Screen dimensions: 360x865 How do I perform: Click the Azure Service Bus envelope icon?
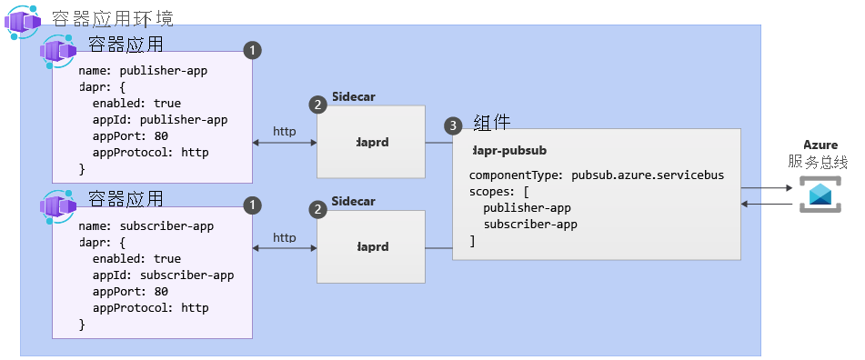point(821,195)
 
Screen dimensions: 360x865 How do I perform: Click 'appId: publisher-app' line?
point(159,119)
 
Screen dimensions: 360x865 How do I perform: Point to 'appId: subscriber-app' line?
point(163,275)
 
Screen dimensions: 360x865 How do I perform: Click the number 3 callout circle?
point(452,124)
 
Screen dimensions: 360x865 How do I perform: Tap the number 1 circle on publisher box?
point(254,49)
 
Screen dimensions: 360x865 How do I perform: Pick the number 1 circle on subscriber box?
point(254,206)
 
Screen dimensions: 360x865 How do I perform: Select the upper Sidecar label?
point(354,96)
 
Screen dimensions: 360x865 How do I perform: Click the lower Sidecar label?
point(354,201)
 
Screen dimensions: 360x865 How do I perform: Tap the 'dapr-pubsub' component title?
point(509,150)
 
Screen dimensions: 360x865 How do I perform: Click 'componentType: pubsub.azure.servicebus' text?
point(596,175)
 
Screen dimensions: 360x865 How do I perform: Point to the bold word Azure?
point(820,145)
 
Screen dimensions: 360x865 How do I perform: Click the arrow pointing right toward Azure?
point(767,188)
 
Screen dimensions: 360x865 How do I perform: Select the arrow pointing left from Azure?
point(767,205)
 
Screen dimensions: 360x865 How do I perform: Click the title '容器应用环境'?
point(113,17)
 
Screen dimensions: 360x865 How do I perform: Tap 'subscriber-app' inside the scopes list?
point(530,224)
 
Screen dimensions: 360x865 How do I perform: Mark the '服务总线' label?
point(819,162)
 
